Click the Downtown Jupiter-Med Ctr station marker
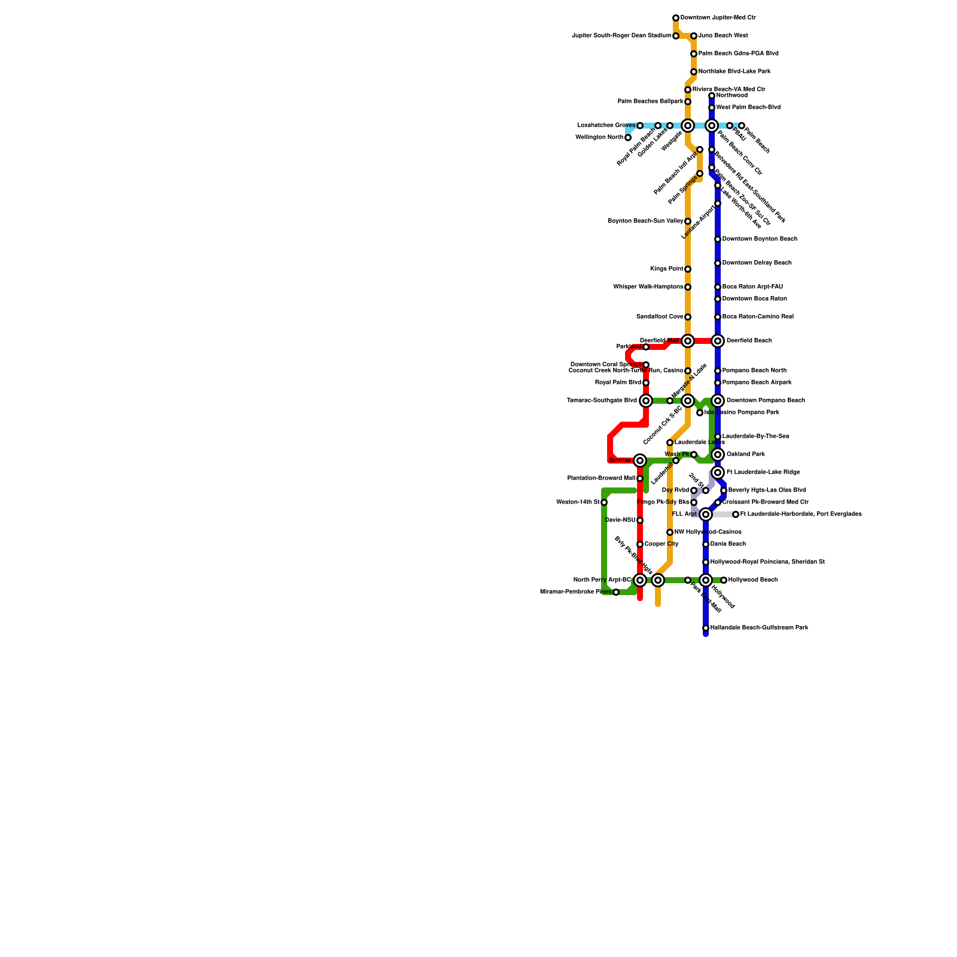(676, 18)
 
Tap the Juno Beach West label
(723, 36)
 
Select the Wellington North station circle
(628, 138)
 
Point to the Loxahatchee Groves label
(606, 126)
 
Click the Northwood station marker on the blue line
(712, 96)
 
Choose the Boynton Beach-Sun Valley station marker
(688, 221)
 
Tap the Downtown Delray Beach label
(757, 263)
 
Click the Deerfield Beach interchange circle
(718, 341)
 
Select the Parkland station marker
(646, 347)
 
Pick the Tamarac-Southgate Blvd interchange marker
(646, 401)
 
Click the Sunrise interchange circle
(640, 461)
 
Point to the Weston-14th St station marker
(604, 502)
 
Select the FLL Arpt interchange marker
(706, 514)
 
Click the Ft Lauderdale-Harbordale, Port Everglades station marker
(736, 514)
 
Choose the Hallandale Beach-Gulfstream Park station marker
(706, 628)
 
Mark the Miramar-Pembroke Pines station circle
(616, 592)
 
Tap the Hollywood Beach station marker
(724, 580)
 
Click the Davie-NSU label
(620, 520)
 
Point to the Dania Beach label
(728, 544)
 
